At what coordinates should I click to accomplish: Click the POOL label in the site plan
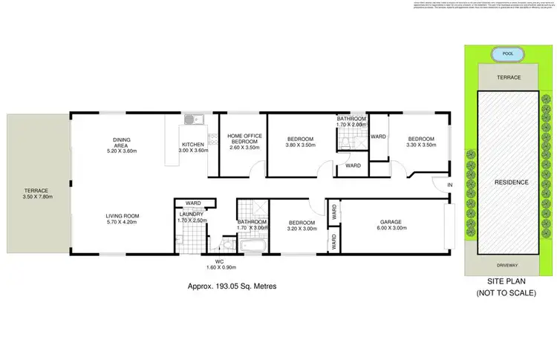pyautogui.click(x=507, y=54)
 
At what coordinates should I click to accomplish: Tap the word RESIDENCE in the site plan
pyautogui.click(x=512, y=182)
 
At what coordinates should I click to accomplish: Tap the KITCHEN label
pyautogui.click(x=193, y=144)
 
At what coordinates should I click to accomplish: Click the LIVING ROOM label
pyautogui.click(x=123, y=217)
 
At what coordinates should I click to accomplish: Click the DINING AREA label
pyautogui.click(x=122, y=142)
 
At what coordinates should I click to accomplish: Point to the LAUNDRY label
pyautogui.click(x=191, y=215)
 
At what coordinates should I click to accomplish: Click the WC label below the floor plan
pyautogui.click(x=219, y=261)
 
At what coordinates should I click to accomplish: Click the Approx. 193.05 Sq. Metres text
pyautogui.click(x=227, y=284)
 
